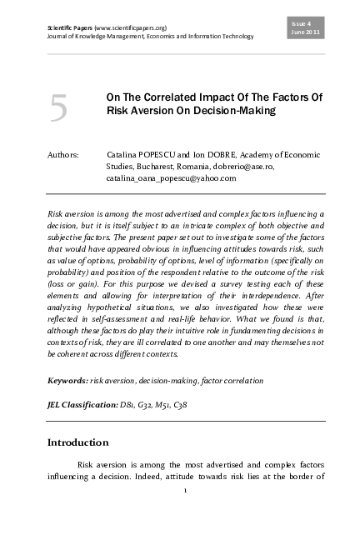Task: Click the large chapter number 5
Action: point(58,109)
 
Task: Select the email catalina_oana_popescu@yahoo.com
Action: point(172,177)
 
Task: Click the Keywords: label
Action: point(66,379)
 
